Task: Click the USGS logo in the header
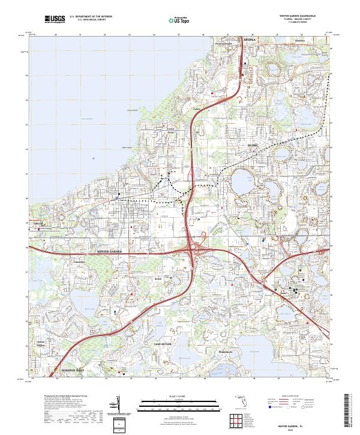[x=55, y=19]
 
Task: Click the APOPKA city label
[x=250, y=41]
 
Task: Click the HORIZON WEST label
[x=68, y=371]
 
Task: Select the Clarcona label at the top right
[x=299, y=41]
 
